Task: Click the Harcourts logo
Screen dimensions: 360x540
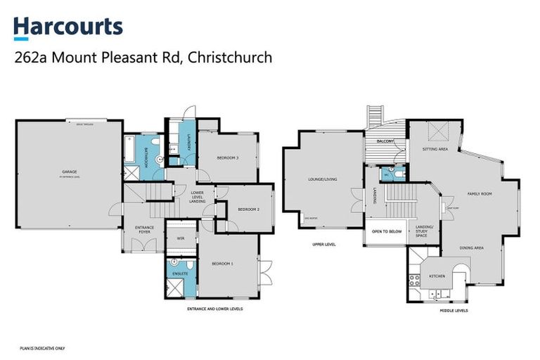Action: [x=68, y=27]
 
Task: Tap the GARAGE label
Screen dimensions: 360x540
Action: [x=68, y=172]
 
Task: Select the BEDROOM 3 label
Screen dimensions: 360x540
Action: [x=228, y=157]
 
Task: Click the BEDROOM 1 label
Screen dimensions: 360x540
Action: [x=222, y=263]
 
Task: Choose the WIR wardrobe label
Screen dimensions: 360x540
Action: [x=181, y=239]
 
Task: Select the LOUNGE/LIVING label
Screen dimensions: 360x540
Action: [x=323, y=179]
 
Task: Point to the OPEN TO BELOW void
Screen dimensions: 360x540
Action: [x=387, y=230]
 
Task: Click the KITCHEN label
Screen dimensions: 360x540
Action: [x=437, y=276]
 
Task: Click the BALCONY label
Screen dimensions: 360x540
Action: [x=385, y=141]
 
